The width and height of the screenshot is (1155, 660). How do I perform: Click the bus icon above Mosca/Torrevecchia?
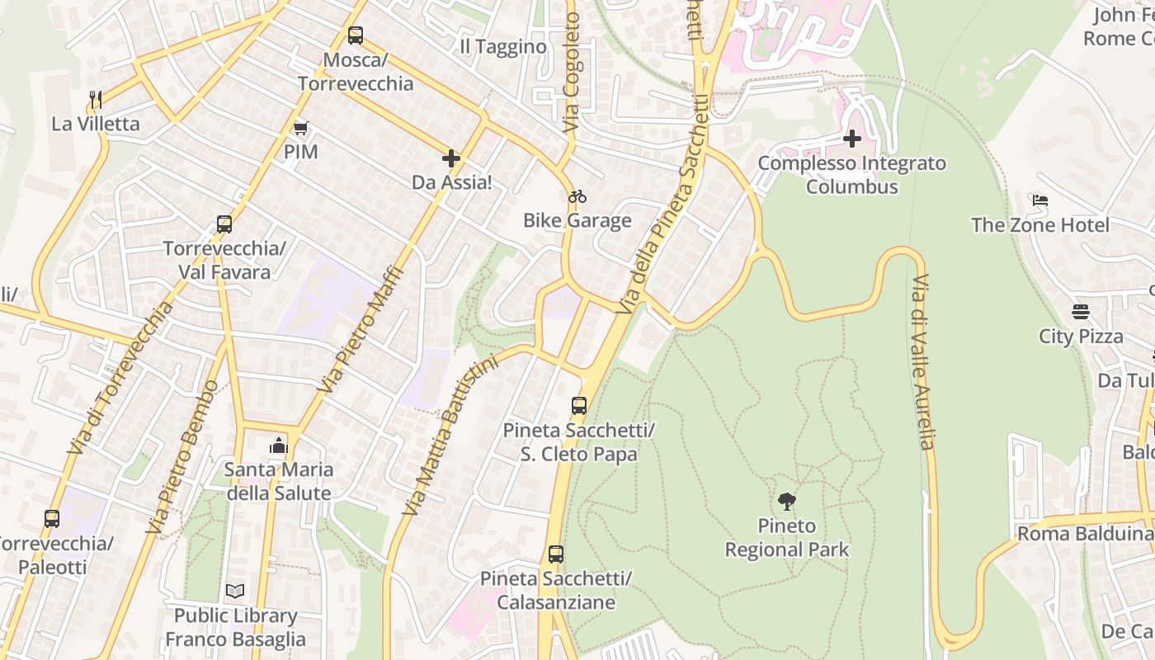(x=355, y=35)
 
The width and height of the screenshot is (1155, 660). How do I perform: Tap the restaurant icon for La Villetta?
(x=96, y=100)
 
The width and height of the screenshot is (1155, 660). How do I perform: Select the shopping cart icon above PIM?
(x=300, y=128)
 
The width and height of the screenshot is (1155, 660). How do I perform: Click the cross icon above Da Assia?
(x=450, y=158)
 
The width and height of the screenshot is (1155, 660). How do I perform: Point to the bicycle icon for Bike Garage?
(x=577, y=196)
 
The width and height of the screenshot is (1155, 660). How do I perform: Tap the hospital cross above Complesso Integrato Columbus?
(x=852, y=139)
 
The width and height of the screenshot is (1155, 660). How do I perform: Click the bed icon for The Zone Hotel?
(x=1039, y=200)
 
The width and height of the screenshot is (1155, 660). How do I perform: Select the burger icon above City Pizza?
(x=1081, y=312)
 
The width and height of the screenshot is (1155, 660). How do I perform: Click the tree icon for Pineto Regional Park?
(x=787, y=501)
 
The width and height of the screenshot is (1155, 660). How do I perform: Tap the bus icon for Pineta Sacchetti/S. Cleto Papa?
(x=579, y=406)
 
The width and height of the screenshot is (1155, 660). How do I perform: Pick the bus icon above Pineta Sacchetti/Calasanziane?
(x=556, y=554)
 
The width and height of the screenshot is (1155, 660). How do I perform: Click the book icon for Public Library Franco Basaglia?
(x=235, y=591)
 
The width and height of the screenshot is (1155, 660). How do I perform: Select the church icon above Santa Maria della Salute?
(x=279, y=446)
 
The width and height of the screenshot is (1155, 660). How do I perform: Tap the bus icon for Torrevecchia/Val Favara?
(x=224, y=224)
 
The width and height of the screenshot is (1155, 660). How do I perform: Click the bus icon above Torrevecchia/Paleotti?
(x=52, y=519)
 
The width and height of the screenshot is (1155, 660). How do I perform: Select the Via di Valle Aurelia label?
(x=922, y=361)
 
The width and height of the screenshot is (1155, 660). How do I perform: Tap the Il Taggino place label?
(x=503, y=47)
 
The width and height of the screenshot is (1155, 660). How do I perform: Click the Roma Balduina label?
(x=1084, y=534)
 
